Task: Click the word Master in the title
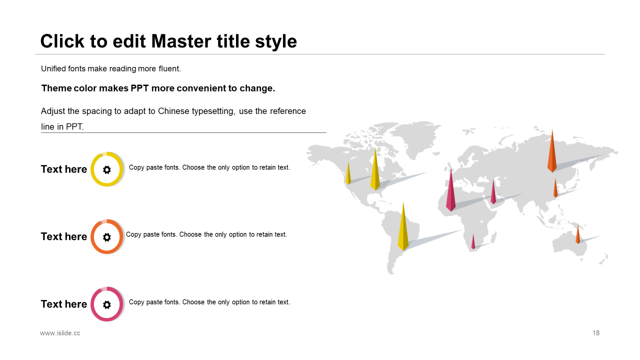point(181,41)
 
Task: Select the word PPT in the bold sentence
point(139,88)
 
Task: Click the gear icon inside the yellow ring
point(107,169)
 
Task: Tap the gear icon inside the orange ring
point(107,237)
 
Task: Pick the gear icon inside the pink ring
point(107,304)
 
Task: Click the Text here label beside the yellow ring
point(64,169)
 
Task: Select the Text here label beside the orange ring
point(64,236)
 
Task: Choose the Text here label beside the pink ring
point(64,304)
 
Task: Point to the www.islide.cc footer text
point(60,333)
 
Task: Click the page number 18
point(596,333)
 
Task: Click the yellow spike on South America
point(403,228)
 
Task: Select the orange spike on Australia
point(577,235)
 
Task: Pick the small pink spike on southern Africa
point(473,242)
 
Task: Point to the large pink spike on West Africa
point(451,191)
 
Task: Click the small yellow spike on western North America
point(348,173)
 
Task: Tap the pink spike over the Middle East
point(493,192)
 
